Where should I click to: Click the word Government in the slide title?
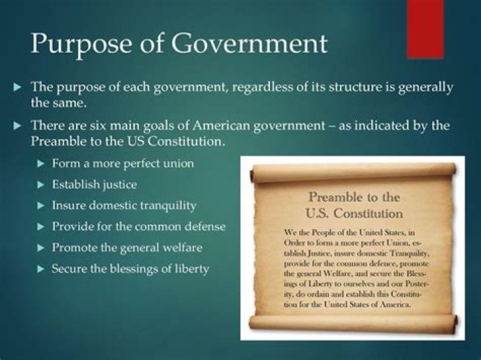[245, 44]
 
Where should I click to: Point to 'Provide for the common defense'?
[139, 226]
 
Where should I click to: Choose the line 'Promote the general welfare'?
[127, 248]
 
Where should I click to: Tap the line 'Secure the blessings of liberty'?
[130, 269]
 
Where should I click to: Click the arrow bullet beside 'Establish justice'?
[41, 184]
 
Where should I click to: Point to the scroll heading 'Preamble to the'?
[354, 198]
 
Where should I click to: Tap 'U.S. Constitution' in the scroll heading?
[354, 214]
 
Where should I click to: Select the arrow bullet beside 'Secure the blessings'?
[41, 269]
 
